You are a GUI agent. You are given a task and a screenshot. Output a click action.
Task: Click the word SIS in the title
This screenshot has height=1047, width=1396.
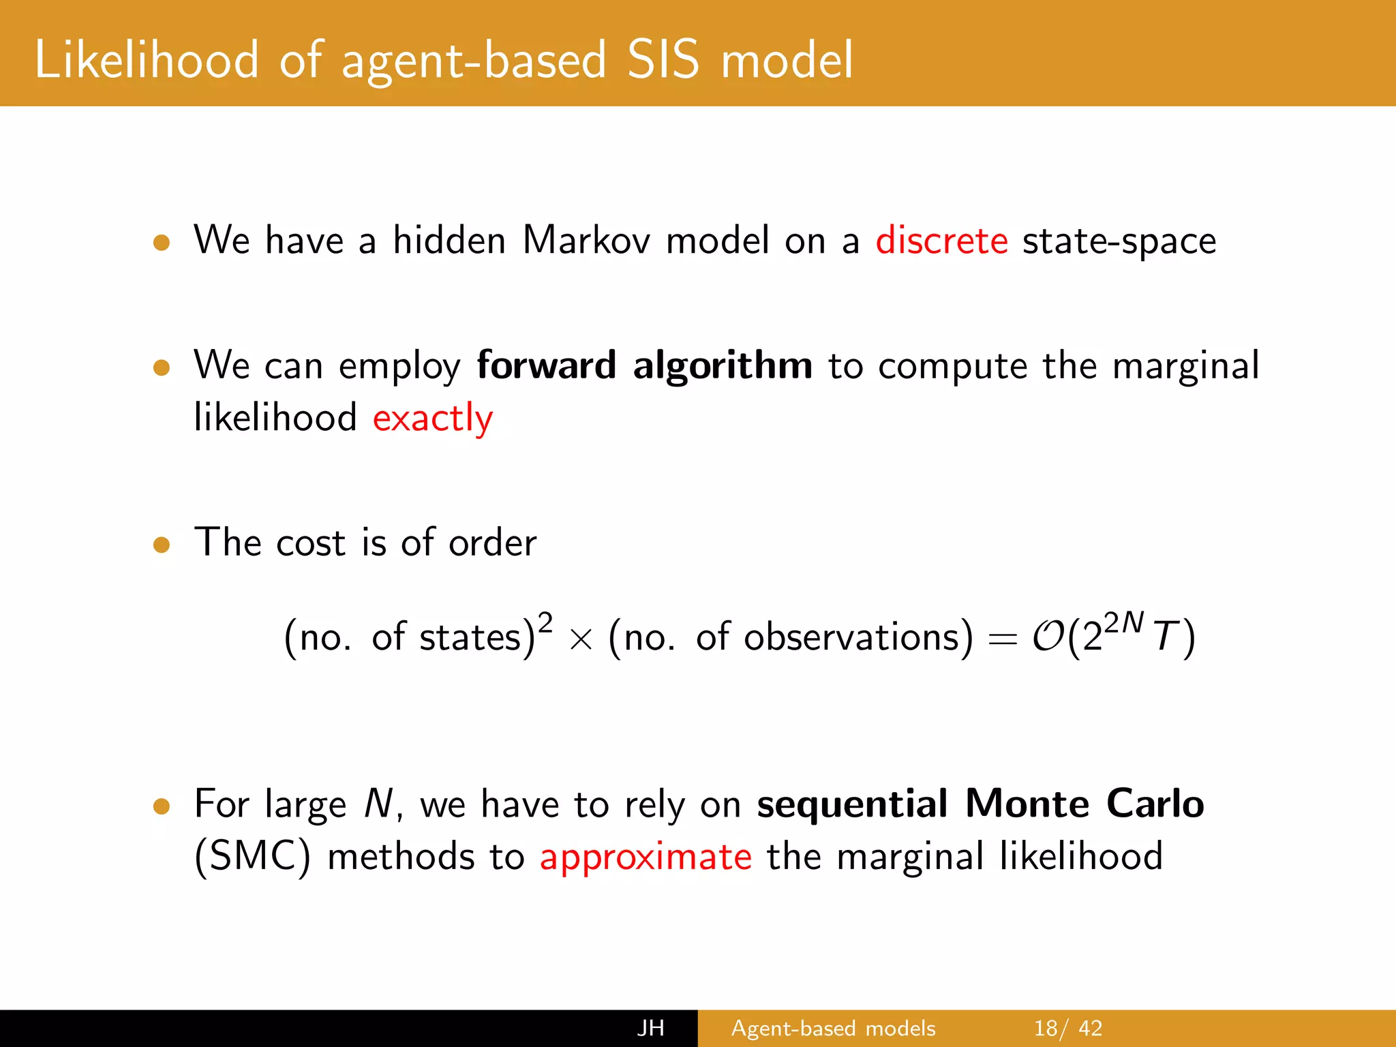pyautogui.click(x=663, y=60)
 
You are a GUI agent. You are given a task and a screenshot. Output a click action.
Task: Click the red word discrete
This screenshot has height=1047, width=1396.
pyautogui.click(x=941, y=241)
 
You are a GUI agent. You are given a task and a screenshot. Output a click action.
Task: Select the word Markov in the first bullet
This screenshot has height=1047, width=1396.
pyautogui.click(x=586, y=241)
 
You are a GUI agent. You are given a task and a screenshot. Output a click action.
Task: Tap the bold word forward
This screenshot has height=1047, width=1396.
pyautogui.click(x=546, y=365)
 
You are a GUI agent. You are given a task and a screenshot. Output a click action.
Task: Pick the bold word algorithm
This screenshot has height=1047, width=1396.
pyautogui.click(x=723, y=367)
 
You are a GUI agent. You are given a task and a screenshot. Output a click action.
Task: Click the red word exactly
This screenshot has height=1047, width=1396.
pyautogui.click(x=432, y=418)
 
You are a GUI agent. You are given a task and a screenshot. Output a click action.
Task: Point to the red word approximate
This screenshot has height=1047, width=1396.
pyautogui.click(x=646, y=857)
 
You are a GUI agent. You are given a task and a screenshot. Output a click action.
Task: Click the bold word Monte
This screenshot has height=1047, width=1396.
pyautogui.click(x=1027, y=804)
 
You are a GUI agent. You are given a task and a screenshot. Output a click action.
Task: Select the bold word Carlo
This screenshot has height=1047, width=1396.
pyautogui.click(x=1155, y=804)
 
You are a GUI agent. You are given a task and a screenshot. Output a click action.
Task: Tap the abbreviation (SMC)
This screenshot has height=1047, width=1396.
pyautogui.click(x=252, y=856)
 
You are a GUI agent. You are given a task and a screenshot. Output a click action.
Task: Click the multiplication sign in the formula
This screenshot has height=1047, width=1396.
pyautogui.click(x=580, y=639)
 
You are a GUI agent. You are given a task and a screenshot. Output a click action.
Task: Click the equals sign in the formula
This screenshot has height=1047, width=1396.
pyautogui.click(x=1002, y=639)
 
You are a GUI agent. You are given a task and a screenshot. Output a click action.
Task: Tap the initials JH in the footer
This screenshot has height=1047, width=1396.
pyautogui.click(x=650, y=1028)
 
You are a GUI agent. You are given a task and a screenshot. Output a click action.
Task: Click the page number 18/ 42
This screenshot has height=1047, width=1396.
pyautogui.click(x=1067, y=1028)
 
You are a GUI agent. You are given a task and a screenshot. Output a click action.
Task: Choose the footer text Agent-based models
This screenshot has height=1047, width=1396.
pyautogui.click(x=833, y=1028)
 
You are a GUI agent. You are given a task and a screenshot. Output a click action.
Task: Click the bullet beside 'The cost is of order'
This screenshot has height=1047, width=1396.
pyautogui.click(x=162, y=545)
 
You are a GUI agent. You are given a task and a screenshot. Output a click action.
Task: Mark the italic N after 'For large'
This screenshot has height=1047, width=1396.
pyautogui.click(x=378, y=804)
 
